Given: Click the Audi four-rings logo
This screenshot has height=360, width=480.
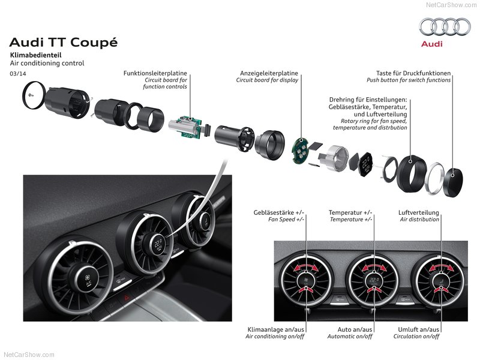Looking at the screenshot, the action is click(x=445, y=26).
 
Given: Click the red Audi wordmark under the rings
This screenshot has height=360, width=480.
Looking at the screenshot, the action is click(x=432, y=44).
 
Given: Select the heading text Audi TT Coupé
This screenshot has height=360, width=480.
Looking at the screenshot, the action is click(x=64, y=42).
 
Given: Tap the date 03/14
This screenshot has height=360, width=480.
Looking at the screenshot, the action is click(x=18, y=73).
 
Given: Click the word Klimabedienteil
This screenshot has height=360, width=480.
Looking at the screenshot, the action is click(x=36, y=55).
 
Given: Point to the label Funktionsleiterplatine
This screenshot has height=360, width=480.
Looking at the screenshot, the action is click(x=155, y=73).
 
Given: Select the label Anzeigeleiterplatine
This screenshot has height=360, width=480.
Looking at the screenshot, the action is click(x=269, y=73).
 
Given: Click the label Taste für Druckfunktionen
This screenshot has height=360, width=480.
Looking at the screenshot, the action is click(x=413, y=73).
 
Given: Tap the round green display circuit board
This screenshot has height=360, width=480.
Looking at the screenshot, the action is click(x=301, y=151).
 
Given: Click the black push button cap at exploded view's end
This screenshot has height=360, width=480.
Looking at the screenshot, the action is click(x=454, y=182).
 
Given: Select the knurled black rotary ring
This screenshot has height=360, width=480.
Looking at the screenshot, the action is click(x=411, y=173).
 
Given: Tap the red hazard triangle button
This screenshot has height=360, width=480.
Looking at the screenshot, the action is click(x=126, y=297).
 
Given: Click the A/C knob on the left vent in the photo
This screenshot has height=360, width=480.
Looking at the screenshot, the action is click(x=87, y=280).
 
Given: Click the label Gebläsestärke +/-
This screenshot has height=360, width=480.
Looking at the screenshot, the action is click(x=279, y=212).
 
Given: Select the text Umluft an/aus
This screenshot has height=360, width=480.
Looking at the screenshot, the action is click(x=418, y=329).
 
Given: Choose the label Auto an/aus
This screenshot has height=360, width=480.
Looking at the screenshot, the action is click(x=355, y=329).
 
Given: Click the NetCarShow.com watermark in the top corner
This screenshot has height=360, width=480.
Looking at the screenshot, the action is click(x=451, y=5).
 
